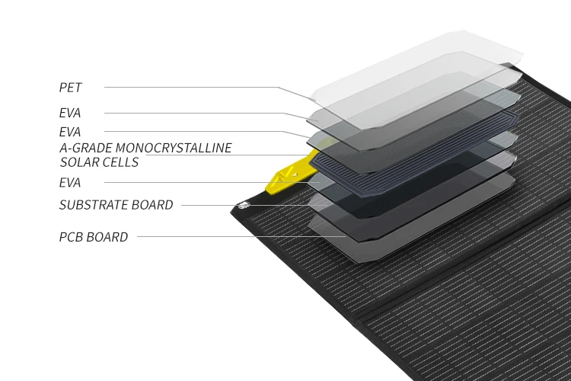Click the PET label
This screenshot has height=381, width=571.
click(x=70, y=88)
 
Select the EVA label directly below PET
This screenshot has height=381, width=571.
click(x=70, y=114)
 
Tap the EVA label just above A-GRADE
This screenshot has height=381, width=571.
click(x=70, y=132)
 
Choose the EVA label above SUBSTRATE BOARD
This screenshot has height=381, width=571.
click(x=70, y=183)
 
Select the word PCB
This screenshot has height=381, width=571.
click(x=71, y=237)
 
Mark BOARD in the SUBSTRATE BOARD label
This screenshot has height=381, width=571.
click(x=155, y=205)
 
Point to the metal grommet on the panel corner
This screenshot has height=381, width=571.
click(x=243, y=205)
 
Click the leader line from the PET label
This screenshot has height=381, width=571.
click(x=190, y=88)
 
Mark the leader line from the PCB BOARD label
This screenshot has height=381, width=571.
click(x=228, y=237)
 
